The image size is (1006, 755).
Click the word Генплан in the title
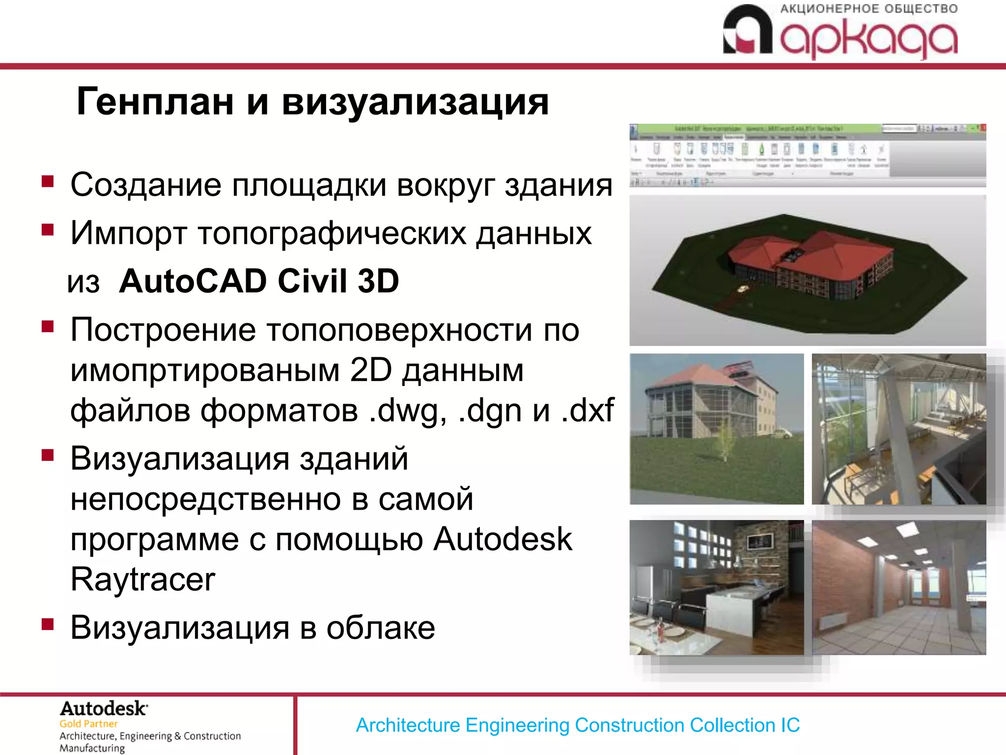pos(155,102)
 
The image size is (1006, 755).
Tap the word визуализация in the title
pos(415,102)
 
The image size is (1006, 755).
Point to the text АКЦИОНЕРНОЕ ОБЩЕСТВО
pos(868,9)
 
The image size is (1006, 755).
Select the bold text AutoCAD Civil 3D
pos(259,281)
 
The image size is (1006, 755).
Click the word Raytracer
pos(143,580)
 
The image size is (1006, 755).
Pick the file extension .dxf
pos(587,410)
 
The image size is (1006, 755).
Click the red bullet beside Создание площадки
pos(48,182)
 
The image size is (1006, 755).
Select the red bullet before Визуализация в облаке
pos(48,624)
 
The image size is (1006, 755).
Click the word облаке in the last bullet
pos(381,628)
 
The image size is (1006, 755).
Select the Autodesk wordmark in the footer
pos(103,709)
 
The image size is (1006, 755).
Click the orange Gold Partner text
pos(88,724)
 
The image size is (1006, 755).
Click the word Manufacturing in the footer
pos(92,748)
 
